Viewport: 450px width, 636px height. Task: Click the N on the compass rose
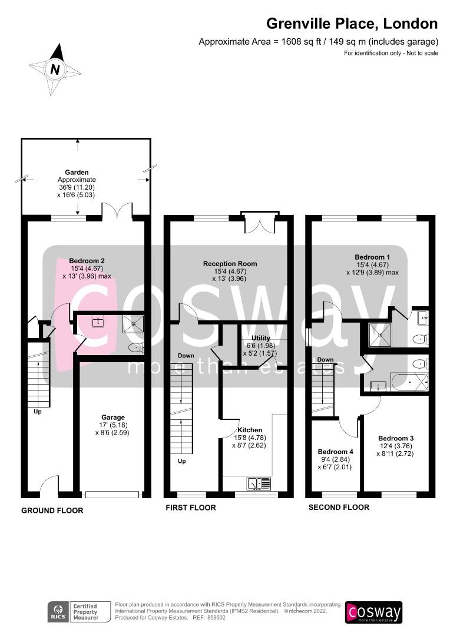tap(55, 69)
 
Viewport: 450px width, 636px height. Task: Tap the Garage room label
tap(113, 418)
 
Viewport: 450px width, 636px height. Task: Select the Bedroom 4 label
tap(335, 452)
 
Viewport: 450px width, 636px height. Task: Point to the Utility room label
tap(260, 338)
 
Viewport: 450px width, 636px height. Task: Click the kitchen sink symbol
tap(259, 483)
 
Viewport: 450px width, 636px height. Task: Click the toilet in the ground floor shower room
tap(136, 347)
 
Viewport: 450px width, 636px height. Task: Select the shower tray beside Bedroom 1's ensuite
tap(380, 335)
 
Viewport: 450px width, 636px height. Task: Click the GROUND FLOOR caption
tap(52, 511)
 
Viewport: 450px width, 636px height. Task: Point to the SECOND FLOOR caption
tap(339, 508)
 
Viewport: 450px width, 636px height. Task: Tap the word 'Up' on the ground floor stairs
tap(37, 412)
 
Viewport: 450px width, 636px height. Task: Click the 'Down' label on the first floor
tap(186, 356)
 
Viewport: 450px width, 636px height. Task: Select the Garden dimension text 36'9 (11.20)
tap(77, 187)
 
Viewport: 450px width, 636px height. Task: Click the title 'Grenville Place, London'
tap(352, 24)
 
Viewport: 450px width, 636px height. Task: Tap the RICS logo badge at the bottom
tap(79, 612)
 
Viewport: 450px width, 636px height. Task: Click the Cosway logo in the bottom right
tap(373, 612)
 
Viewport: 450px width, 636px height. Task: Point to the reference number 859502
tap(216, 618)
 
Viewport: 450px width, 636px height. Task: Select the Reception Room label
tap(230, 264)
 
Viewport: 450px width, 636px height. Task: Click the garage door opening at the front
tap(113, 495)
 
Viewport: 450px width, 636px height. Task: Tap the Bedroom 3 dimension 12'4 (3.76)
tap(395, 446)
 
